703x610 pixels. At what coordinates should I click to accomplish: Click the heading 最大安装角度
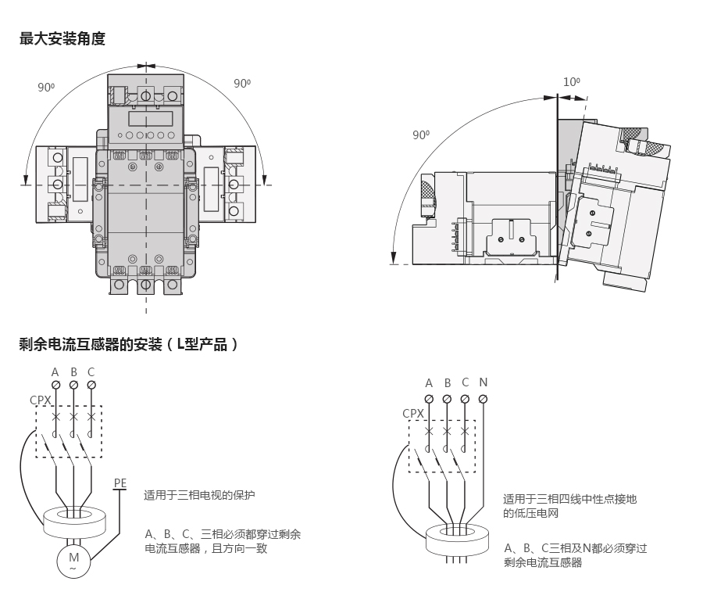point(62,38)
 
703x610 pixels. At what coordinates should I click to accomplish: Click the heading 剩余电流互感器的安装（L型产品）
point(129,343)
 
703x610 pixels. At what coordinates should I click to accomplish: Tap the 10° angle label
point(572,81)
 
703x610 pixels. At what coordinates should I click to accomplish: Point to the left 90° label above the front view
point(46,87)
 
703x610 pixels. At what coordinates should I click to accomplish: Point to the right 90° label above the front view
point(242,83)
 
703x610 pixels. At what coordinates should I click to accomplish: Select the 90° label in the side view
point(421,135)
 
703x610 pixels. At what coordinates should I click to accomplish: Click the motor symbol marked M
point(74,559)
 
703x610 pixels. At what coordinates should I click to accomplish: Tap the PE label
point(120,483)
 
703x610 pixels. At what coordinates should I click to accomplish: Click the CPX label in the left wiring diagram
point(41,400)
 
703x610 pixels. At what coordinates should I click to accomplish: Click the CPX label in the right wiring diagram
point(413,414)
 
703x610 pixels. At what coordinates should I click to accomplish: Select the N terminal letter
point(484,382)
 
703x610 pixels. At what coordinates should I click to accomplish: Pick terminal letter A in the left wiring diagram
point(55,371)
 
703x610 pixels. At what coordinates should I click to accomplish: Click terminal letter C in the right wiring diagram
point(466,382)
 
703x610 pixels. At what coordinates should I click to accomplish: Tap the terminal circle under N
point(484,399)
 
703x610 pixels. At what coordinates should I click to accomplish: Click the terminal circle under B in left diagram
point(73,385)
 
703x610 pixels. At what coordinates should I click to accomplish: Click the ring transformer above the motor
point(73,519)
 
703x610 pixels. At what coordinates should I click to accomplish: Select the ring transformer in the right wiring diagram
point(456,539)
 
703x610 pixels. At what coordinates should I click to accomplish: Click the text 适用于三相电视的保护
point(200,495)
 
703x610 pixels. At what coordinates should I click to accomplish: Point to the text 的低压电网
point(531,514)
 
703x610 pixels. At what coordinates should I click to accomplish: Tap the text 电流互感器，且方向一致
point(206,549)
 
